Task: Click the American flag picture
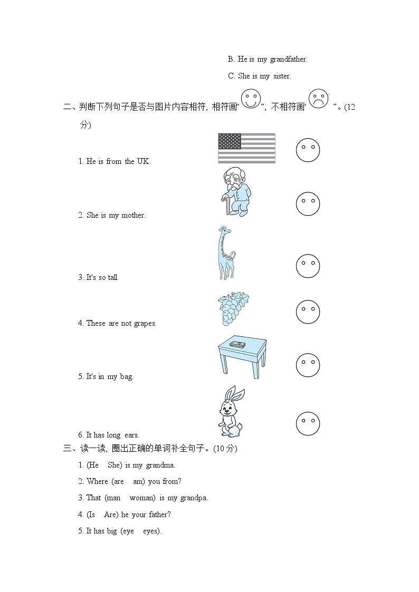tap(246, 148)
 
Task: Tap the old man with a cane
tap(235, 192)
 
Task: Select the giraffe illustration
tap(225, 253)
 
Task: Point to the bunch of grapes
tap(233, 309)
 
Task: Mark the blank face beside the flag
tap(308, 150)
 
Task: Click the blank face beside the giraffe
tap(308, 266)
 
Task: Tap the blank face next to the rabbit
tap(308, 423)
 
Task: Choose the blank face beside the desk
tap(308, 365)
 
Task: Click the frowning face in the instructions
tap(318, 99)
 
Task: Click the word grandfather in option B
tap(289, 59)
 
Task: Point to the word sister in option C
tap(282, 76)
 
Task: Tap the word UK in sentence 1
tap(144, 161)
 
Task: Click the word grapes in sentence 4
tap(145, 324)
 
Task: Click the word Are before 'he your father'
tap(111, 515)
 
